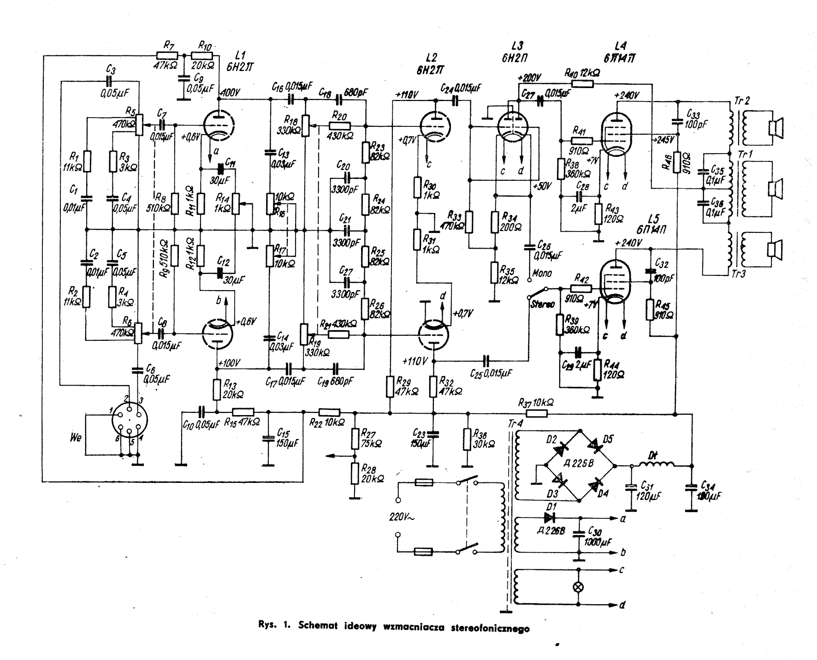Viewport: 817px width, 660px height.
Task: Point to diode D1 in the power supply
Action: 549,517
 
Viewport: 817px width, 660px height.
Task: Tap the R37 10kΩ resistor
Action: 535,413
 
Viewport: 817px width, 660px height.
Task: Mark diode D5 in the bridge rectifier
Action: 598,446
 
